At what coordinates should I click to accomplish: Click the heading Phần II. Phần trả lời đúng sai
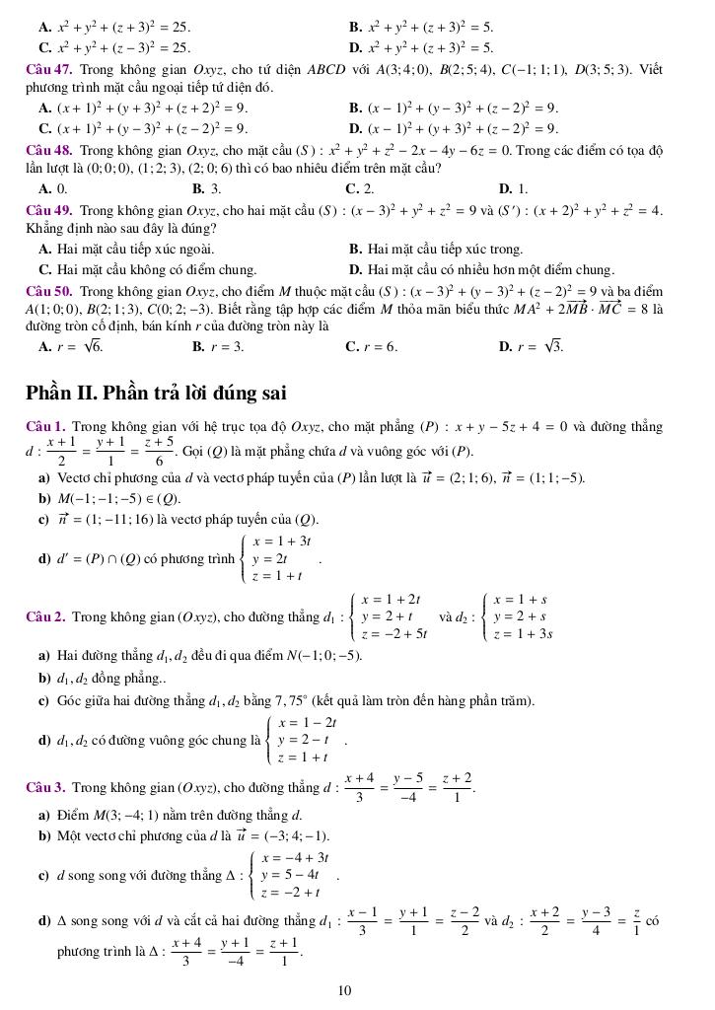[x=156, y=393]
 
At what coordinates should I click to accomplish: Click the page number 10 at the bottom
[x=344, y=990]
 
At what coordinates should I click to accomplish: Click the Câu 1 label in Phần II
[x=46, y=427]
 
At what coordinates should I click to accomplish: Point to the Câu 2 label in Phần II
[x=46, y=617]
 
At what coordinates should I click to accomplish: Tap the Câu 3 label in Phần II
[x=46, y=788]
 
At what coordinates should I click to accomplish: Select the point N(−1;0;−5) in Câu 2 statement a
[x=326, y=655]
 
